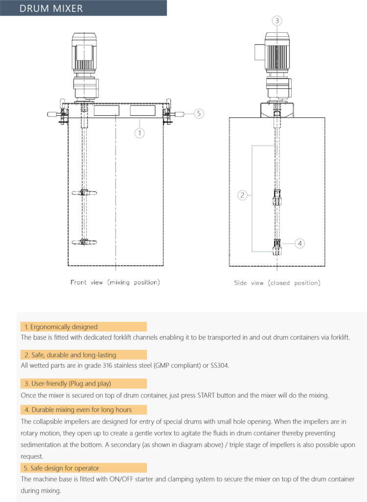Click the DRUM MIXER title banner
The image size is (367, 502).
[83, 8]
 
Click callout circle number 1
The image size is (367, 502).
[140, 132]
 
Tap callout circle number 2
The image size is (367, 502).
[242, 195]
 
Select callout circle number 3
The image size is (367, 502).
[277, 21]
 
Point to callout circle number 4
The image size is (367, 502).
[300, 243]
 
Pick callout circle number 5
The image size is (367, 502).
[198, 114]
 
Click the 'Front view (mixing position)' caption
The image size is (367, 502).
[115, 282]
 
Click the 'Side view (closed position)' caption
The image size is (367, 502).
[277, 283]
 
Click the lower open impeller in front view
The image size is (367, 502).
[84, 242]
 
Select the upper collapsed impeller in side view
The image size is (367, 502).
[276, 197]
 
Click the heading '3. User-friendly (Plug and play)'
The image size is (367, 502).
[71, 383]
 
